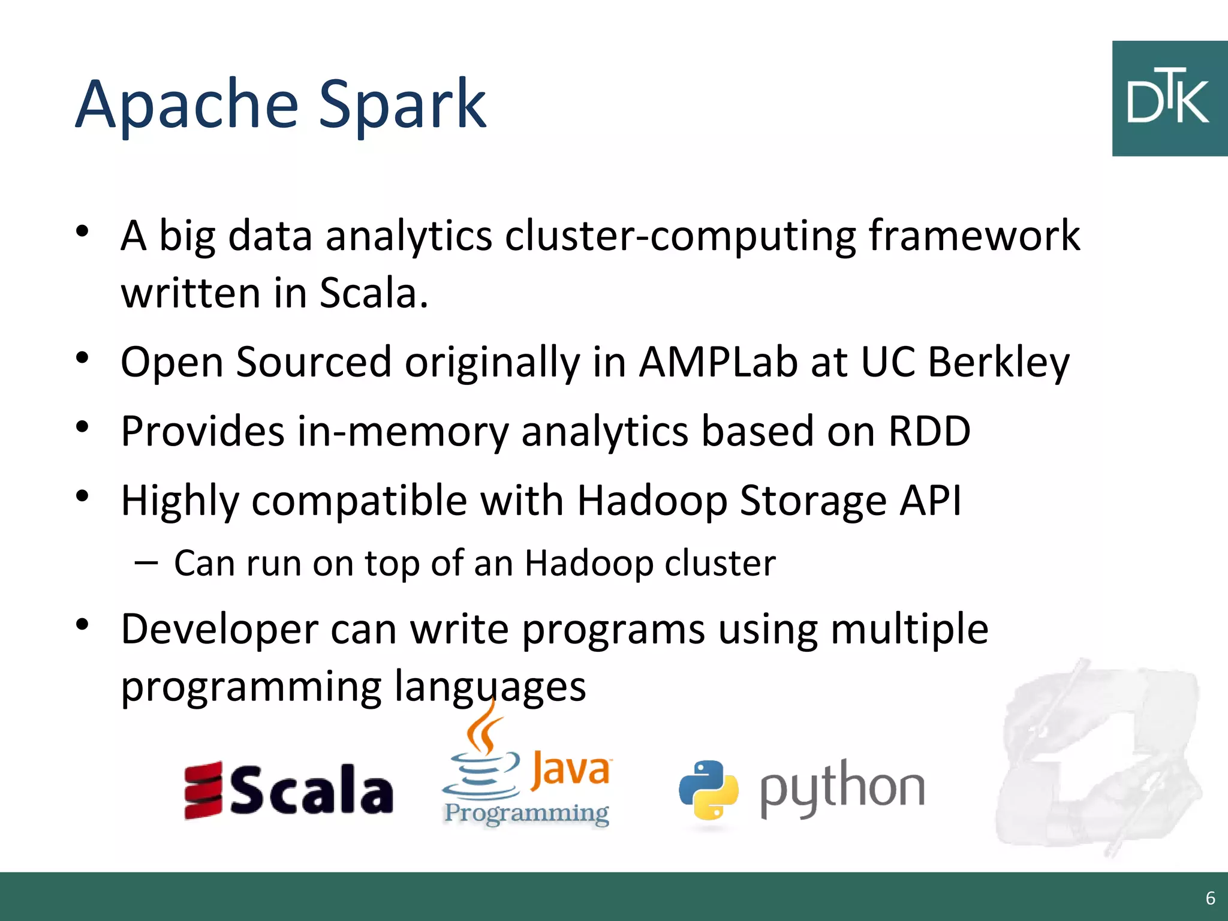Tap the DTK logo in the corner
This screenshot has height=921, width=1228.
(1169, 99)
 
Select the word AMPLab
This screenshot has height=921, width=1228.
(718, 362)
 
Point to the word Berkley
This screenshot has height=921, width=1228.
(998, 363)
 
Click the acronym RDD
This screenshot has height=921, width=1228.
(929, 431)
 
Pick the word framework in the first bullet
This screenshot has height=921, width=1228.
(974, 236)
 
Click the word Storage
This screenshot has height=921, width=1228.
(812, 501)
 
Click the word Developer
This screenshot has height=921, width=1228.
(219, 630)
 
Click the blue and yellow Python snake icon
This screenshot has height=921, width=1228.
(708, 790)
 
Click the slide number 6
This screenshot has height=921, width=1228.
(1210, 898)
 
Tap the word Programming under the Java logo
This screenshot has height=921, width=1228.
(526, 813)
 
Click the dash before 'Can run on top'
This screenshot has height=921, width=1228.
(146, 563)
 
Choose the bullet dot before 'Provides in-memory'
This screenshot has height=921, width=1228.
(83, 427)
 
